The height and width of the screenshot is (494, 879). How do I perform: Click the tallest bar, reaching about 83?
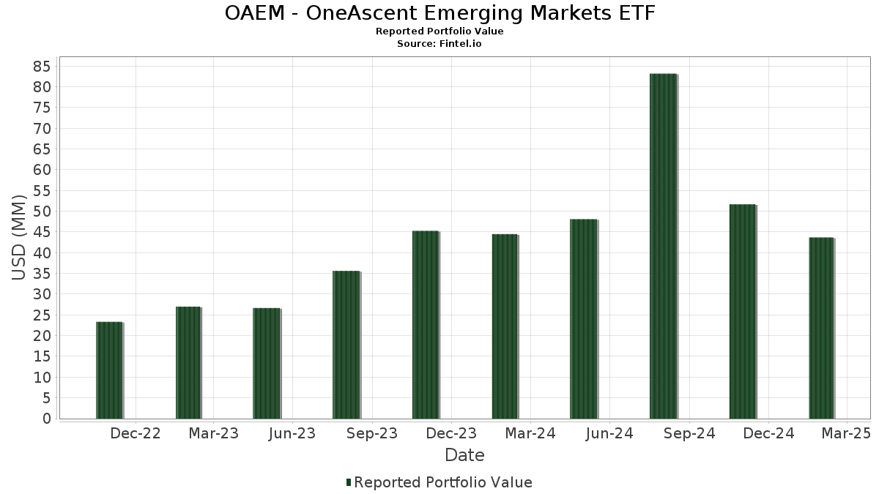tap(663, 246)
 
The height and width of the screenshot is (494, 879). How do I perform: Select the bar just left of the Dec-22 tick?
tap(109, 370)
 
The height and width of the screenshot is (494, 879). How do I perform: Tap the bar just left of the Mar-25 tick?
tap(821, 328)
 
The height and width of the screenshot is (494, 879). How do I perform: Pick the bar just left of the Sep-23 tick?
tap(346, 345)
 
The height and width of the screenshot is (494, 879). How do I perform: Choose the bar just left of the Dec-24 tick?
tap(742, 312)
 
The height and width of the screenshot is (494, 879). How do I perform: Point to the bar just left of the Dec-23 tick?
tap(426, 325)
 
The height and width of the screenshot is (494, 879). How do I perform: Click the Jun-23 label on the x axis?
tap(292, 433)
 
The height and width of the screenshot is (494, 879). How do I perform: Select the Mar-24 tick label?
tap(530, 433)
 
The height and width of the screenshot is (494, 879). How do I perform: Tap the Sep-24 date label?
tap(689, 433)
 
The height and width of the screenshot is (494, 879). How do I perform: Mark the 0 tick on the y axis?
tap(46, 419)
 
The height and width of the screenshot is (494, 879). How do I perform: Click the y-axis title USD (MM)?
tap(19, 238)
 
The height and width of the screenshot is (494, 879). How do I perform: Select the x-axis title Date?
tap(464, 455)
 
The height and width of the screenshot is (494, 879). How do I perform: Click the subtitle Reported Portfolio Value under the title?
tap(439, 31)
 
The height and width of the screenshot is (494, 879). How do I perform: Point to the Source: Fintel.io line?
tap(439, 43)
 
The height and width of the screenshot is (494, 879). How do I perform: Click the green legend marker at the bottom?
tap(349, 482)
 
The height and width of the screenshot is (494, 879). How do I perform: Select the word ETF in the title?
tap(636, 13)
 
